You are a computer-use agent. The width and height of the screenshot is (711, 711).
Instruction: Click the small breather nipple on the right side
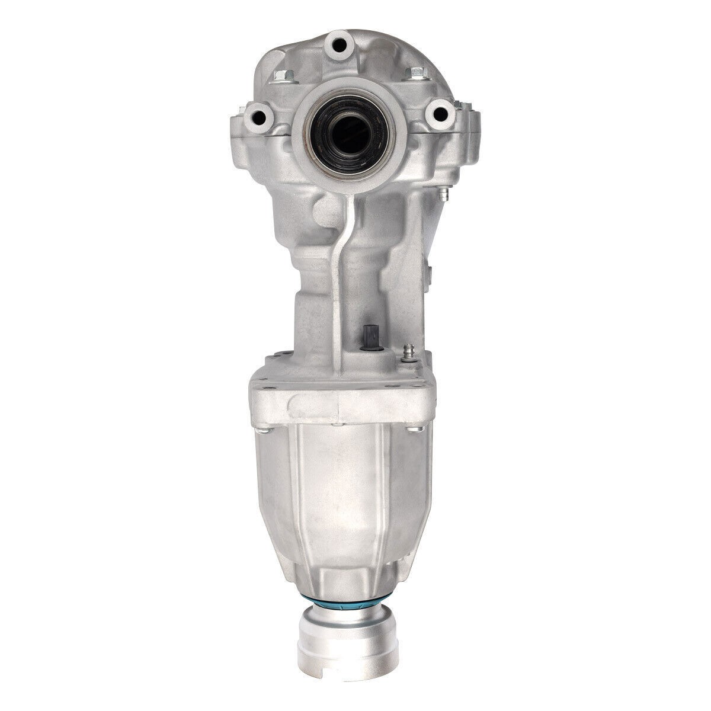point(443,193)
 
